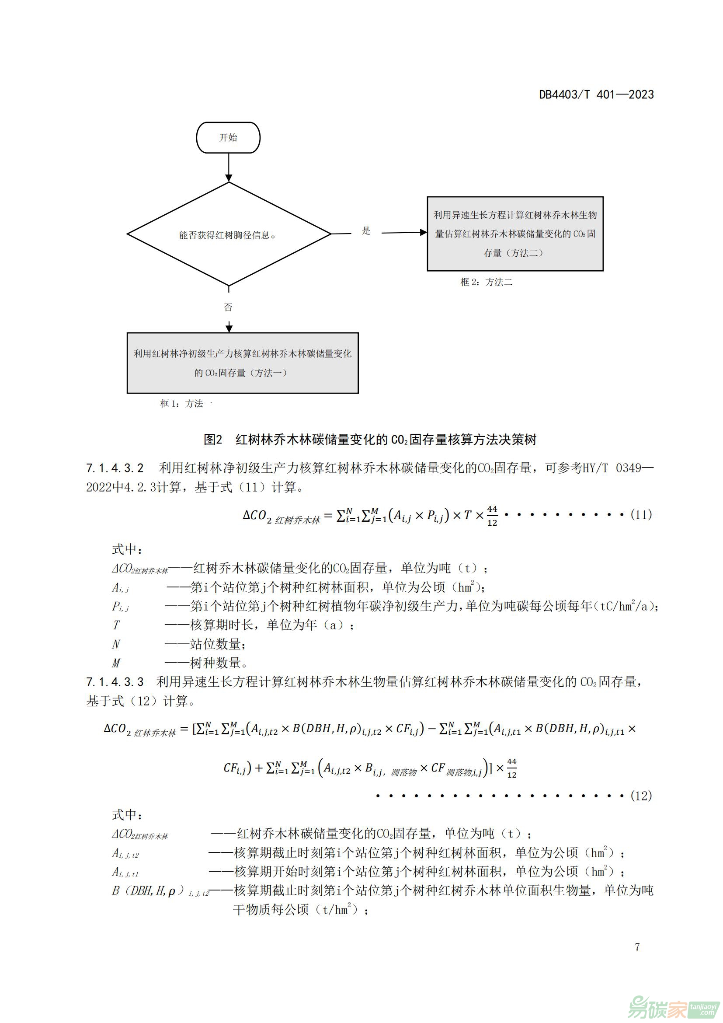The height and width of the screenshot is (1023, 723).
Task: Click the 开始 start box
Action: pos(228,138)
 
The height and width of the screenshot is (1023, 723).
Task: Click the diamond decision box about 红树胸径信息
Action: pos(229,234)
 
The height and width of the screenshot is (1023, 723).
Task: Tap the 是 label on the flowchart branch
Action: pos(366,231)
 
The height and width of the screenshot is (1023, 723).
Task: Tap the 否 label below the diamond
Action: pos(228,307)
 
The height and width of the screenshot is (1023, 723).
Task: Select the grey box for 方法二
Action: pos(515,234)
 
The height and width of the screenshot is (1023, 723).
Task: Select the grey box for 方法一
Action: pos(243,363)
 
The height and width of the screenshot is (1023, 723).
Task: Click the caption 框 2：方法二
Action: pos(486,282)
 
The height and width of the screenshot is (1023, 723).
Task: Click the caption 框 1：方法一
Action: pos(186,404)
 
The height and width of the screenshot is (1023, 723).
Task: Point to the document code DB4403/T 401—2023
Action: pos(596,94)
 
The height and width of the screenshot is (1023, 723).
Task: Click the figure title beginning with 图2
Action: pos(369,440)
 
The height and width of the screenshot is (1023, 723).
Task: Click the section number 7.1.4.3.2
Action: pos(115,468)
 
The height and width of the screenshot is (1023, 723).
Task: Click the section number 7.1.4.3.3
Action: pos(115,682)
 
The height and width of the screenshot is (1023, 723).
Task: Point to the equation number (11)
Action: pos(641,515)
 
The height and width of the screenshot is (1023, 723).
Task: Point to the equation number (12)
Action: pos(641,795)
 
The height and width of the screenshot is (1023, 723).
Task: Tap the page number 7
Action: pos(637,946)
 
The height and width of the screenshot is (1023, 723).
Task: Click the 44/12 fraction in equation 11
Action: pos(492,516)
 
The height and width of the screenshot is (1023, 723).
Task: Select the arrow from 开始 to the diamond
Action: pos(228,167)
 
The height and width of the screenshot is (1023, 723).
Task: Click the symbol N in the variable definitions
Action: pos(116,644)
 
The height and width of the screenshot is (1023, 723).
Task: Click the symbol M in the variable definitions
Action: pos(116,663)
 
